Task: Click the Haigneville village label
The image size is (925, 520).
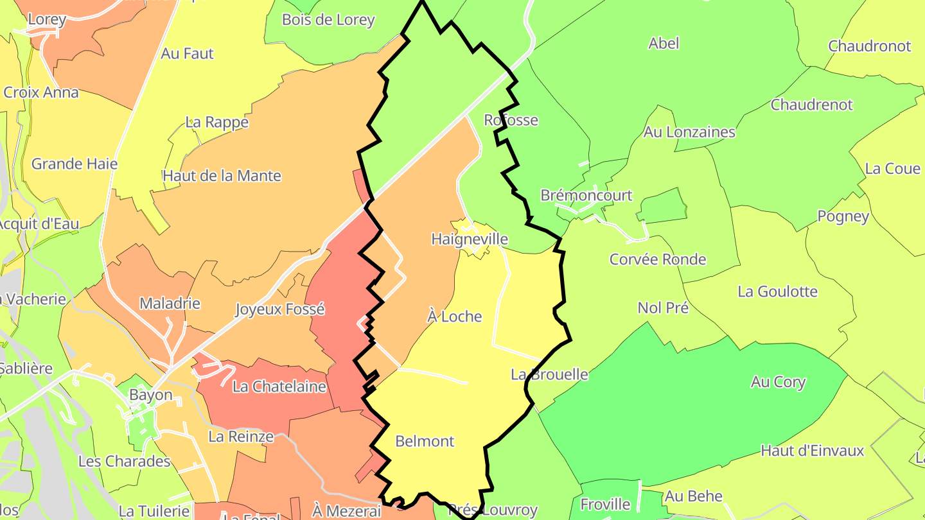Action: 470,239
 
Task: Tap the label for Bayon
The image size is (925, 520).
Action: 151,394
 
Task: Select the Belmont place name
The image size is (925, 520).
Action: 425,441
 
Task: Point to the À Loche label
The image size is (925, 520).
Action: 455,316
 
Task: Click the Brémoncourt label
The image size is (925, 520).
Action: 586,195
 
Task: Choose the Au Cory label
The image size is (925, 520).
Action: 778,382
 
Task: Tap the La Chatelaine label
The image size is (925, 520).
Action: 279,386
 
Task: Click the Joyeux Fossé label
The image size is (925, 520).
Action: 280,309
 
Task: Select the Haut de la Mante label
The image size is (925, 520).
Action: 222,175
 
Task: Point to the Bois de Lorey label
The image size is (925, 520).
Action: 328,20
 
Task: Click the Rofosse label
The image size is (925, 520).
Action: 511,120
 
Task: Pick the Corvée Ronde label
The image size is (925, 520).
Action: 658,259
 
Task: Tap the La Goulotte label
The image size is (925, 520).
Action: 777,291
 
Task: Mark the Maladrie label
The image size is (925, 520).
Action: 170,303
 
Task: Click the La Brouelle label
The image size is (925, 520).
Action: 549,374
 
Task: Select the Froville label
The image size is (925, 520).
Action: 606,505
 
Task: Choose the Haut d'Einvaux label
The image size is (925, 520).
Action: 813,451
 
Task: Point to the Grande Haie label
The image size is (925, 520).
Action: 75,164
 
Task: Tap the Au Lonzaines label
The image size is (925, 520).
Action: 689,132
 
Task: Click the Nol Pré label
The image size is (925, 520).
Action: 663,308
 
